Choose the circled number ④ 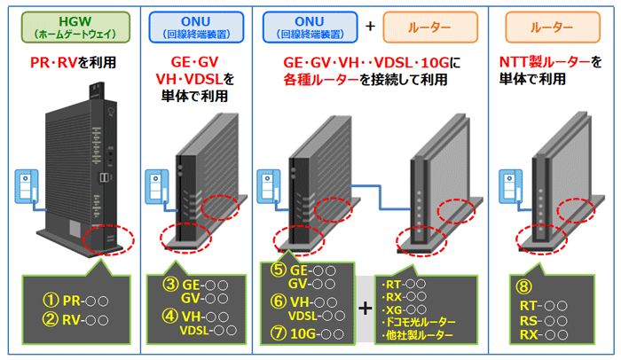169,315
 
